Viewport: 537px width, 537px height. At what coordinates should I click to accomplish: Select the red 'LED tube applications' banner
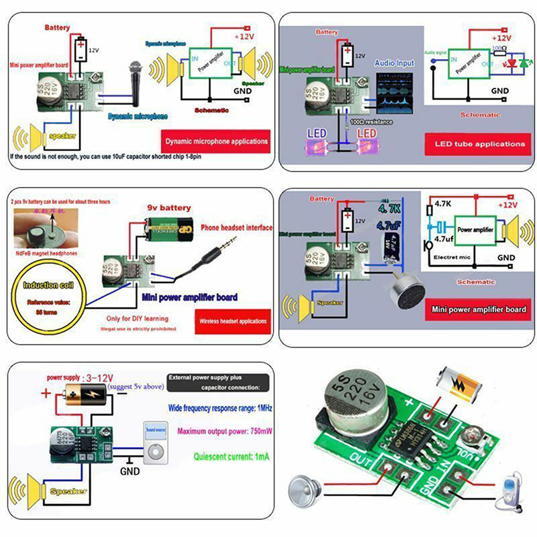(479, 144)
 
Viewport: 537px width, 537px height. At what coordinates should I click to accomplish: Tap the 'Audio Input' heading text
(395, 63)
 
